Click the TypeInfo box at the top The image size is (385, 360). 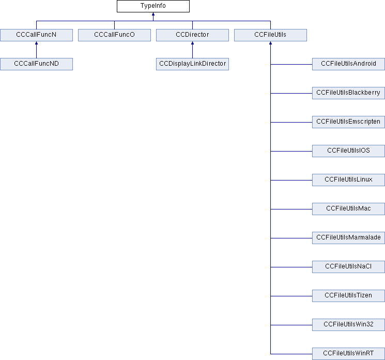(153, 6)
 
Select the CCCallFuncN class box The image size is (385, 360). (36, 35)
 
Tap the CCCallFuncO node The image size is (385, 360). (114, 35)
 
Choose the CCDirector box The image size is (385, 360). (192, 35)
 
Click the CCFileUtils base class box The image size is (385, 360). (270, 35)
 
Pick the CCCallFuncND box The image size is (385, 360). (36, 64)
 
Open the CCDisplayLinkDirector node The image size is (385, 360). (192, 64)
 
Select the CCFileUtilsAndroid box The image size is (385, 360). (348, 64)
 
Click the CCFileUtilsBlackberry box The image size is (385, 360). (348, 93)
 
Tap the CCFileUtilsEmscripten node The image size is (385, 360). (348, 122)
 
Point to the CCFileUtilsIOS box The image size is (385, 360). (348, 151)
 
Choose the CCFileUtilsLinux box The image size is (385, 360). (348, 180)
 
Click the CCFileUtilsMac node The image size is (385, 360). (348, 209)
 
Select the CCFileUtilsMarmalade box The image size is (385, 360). (348, 238)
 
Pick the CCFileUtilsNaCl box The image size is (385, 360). (348, 267)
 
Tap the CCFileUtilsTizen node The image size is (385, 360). (348, 296)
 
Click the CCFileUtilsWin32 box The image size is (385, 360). (348, 325)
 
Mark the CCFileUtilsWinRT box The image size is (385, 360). (348, 354)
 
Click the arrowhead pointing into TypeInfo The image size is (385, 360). (153, 15)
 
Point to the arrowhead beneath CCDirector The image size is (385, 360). (192, 44)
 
